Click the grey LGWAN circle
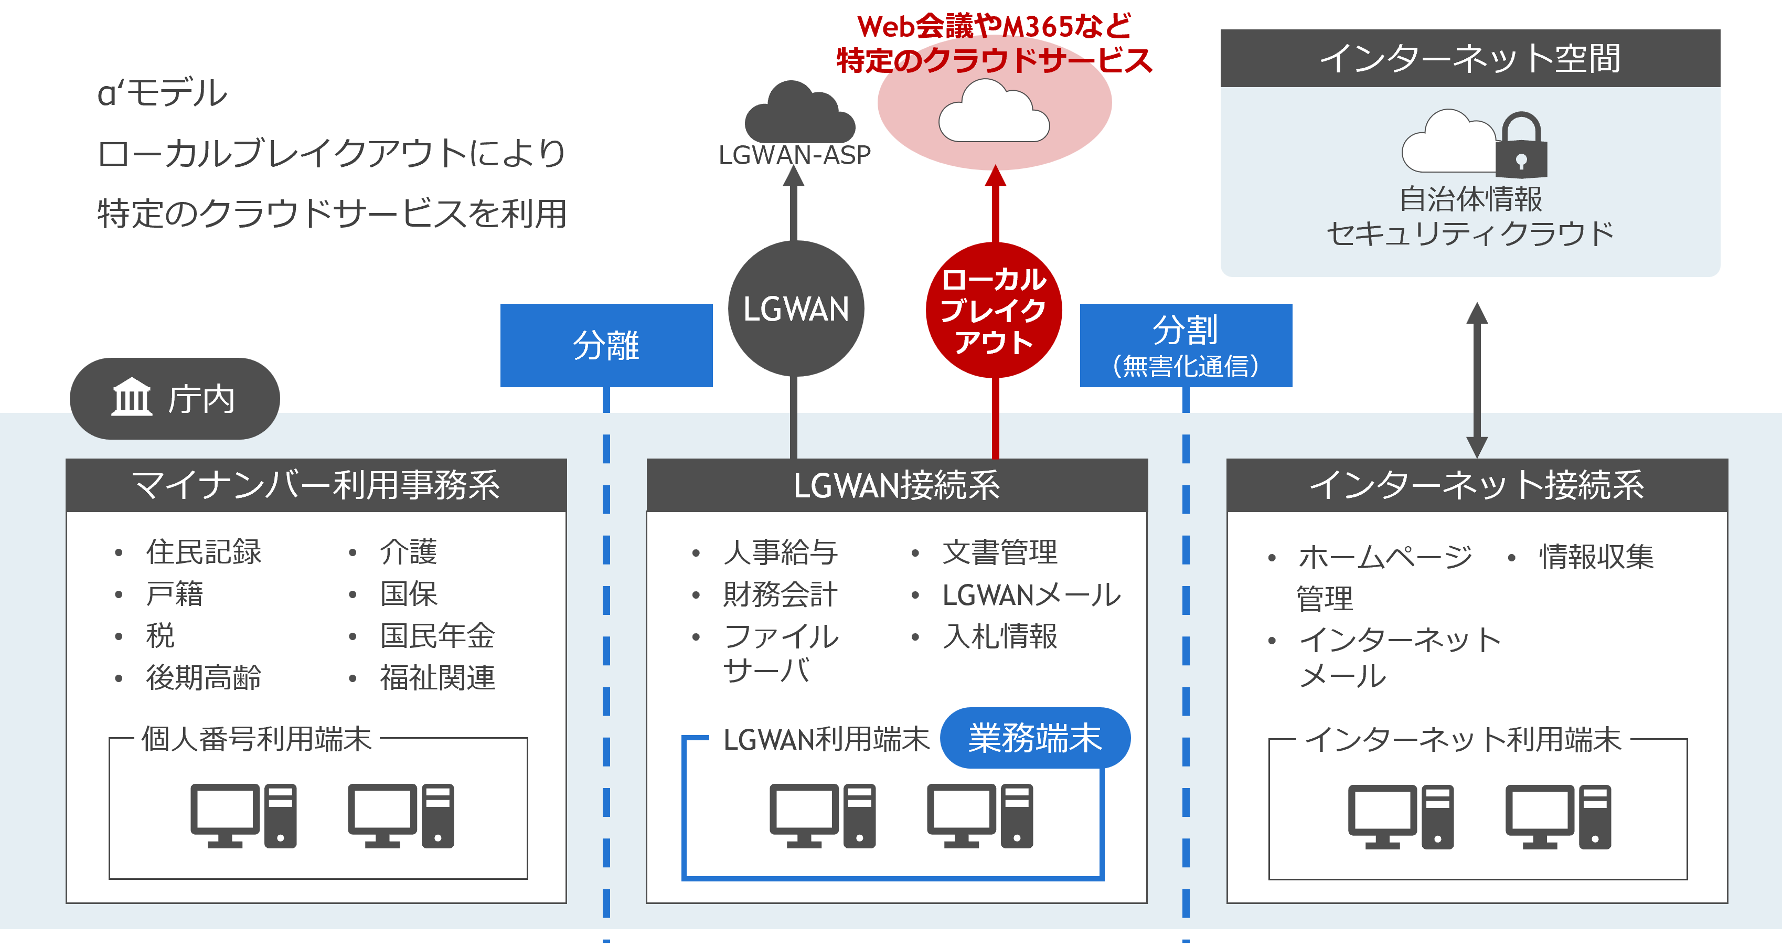tap(796, 308)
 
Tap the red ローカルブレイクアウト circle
tap(994, 310)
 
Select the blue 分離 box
tap(606, 345)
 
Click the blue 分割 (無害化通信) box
tap(1186, 345)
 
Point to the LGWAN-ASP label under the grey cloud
tap(794, 155)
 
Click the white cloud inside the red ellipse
tap(994, 112)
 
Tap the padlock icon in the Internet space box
tap(1521, 147)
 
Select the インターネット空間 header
tap(1470, 58)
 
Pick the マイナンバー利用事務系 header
tap(316, 485)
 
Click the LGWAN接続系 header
tap(897, 485)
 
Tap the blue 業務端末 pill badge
tap(1035, 738)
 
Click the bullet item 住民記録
tap(204, 552)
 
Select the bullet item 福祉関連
tap(437, 678)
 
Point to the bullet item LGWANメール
tap(1031, 595)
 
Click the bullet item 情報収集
tap(1596, 557)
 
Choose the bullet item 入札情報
tap(1000, 636)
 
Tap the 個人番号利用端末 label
tap(257, 739)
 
